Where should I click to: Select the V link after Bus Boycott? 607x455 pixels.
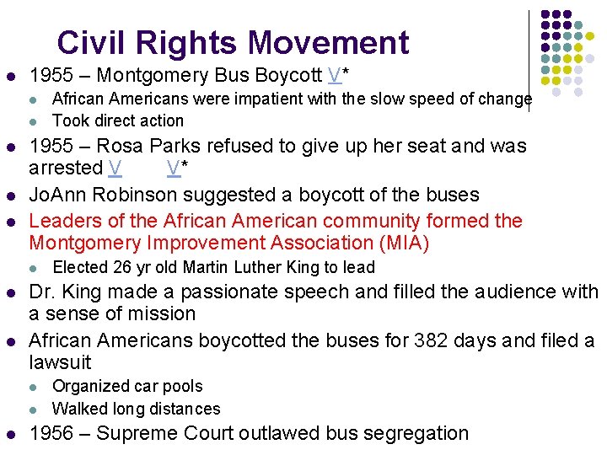click(x=335, y=75)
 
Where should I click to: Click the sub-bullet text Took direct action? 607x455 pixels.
click(x=117, y=120)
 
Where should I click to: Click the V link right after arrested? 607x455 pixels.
click(x=115, y=168)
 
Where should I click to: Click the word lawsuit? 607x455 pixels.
click(x=60, y=362)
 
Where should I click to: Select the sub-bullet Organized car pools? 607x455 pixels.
click(x=127, y=386)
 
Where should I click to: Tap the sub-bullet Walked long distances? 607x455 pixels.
click(x=136, y=409)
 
